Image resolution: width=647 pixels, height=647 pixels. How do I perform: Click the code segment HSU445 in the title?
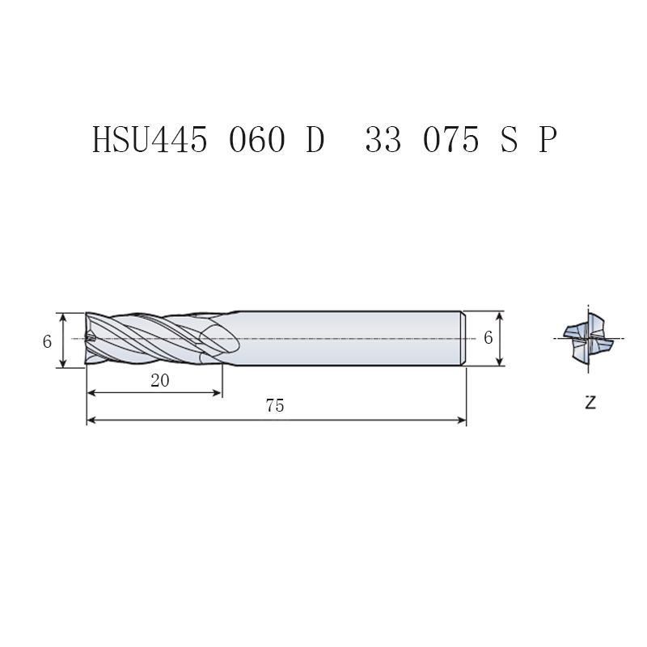pyautogui.click(x=150, y=140)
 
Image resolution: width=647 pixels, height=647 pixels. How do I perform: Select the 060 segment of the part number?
pyautogui.click(x=256, y=140)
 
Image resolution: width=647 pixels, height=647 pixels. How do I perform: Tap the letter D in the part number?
pyautogui.click(x=315, y=140)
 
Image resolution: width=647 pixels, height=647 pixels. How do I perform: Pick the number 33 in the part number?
pyautogui.click(x=383, y=140)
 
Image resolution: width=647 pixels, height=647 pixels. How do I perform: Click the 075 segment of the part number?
pyautogui.click(x=451, y=140)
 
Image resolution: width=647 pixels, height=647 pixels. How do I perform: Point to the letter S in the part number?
pyautogui.click(x=509, y=140)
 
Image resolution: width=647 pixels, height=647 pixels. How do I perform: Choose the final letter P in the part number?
pyautogui.click(x=548, y=140)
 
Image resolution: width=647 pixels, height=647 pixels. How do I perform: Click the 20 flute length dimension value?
pyautogui.click(x=159, y=380)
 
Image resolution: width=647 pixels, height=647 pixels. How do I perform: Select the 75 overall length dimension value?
pyautogui.click(x=275, y=406)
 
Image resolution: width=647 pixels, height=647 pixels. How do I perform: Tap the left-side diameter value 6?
pyautogui.click(x=47, y=341)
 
